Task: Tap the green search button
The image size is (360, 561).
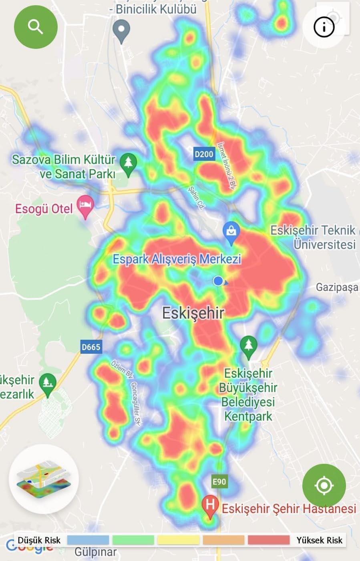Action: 36,27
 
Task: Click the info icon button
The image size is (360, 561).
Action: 324,27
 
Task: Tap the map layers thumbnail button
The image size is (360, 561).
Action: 44,479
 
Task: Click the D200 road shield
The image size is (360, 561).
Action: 204,154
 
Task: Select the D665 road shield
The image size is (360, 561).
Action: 91,347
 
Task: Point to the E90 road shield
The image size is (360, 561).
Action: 219,481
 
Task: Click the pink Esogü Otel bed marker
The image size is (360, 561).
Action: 85,206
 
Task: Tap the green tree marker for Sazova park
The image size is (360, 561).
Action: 128,164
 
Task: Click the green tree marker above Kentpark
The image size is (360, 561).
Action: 248,345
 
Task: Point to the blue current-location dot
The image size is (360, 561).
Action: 218,281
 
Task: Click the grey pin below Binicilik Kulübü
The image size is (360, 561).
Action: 121,30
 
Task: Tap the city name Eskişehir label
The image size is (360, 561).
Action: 193,313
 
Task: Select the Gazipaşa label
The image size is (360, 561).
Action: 337,287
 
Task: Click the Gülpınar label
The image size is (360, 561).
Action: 96,552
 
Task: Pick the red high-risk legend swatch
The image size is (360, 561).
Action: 268,540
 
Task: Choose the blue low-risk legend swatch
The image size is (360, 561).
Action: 88,540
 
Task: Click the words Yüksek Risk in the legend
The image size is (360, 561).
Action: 319,540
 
